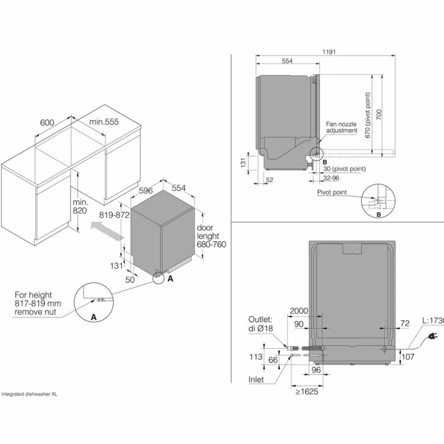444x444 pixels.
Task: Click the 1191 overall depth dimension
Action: pyautogui.click(x=329, y=52)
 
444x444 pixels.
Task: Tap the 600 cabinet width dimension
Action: pyautogui.click(x=47, y=123)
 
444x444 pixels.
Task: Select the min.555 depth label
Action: pyautogui.click(x=104, y=122)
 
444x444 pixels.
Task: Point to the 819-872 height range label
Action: pyautogui.click(x=114, y=215)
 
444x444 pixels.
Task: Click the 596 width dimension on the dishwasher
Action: pyautogui.click(x=146, y=190)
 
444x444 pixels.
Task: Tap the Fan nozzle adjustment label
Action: pyautogui.click(x=341, y=127)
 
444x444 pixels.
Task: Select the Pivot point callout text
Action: pyautogui.click(x=332, y=192)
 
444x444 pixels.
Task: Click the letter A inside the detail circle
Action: pyautogui.click(x=93, y=317)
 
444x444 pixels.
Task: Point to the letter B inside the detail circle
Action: pyautogui.click(x=379, y=215)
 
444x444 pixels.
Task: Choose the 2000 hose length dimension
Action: pyautogui.click(x=299, y=311)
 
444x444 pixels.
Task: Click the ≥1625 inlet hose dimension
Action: pyautogui.click(x=307, y=392)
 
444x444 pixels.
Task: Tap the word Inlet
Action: pyautogui.click(x=256, y=379)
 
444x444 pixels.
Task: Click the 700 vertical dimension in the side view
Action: pyautogui.click(x=379, y=115)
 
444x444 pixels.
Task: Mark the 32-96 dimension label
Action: pyautogui.click(x=331, y=178)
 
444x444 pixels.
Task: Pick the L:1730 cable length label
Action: pyautogui.click(x=433, y=321)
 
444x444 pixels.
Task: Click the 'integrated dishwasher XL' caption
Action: pyautogui.click(x=29, y=394)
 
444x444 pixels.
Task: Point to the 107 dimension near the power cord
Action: pyautogui.click(x=408, y=357)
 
